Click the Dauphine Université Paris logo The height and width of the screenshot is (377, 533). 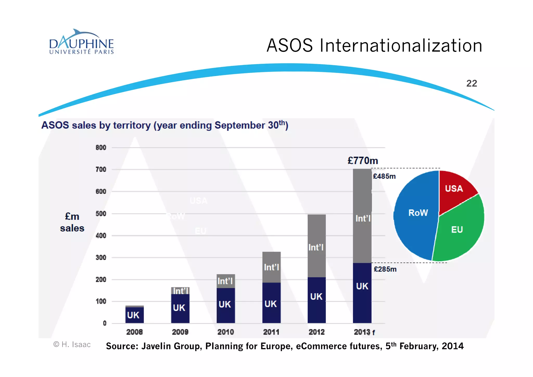tap(81, 42)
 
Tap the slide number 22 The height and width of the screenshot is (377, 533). tap(471, 83)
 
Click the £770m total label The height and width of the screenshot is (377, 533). tap(363, 160)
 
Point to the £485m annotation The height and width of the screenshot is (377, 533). tap(384, 176)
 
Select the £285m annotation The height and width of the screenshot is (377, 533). tap(385, 269)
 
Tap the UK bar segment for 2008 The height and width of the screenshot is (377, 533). tap(134, 315)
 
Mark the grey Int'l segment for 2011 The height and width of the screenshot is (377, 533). tap(271, 267)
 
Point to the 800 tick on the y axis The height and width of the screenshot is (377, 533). tap(101, 147)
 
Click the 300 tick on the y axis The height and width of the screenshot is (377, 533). tap(101, 257)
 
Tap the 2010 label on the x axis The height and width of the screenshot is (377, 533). tap(226, 332)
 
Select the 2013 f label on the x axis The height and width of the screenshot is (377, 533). tap(364, 332)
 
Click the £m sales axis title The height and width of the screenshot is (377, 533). tap(72, 222)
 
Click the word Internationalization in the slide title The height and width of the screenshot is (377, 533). tap(401, 46)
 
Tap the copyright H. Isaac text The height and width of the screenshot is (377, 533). tap(72, 344)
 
